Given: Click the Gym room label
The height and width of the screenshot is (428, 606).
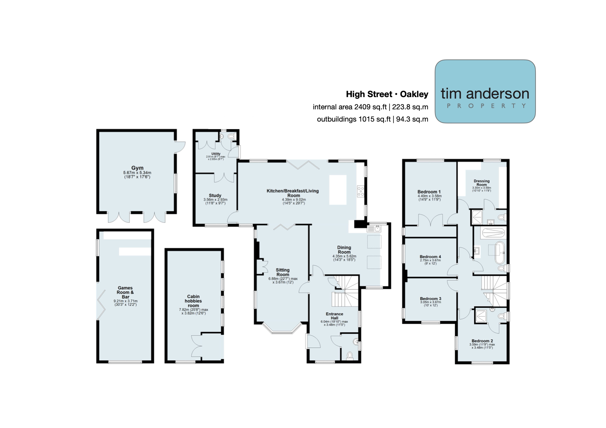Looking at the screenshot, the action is pos(137,168).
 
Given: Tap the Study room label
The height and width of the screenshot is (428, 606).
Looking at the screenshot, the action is pos(215,195).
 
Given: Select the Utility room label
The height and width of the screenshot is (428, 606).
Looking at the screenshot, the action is pos(216,154).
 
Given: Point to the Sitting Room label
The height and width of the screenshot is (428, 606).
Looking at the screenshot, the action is pos(283,272).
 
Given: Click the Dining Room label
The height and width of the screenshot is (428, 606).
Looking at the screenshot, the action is pos(344,250).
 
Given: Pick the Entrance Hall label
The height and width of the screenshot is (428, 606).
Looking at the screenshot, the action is pos(335,316).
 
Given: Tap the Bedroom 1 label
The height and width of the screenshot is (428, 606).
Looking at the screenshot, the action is pos(429,192).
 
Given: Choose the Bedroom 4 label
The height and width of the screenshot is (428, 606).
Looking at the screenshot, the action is pos(430,256).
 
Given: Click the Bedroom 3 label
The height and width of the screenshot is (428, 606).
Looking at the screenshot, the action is pos(431,299).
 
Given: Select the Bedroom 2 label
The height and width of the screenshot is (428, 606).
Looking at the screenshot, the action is pos(482,341).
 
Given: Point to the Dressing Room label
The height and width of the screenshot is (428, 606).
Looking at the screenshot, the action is pos(481,183).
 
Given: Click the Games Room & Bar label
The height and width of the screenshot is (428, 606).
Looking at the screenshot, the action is pos(125,292).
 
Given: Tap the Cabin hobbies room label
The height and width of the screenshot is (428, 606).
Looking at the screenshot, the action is pos(193,301).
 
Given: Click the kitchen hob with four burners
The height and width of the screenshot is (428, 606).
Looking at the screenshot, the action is pos(361,191).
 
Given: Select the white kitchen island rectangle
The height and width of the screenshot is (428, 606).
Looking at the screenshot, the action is pos(338,190).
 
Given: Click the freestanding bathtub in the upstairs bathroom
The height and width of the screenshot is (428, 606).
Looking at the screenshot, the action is pos(500,252).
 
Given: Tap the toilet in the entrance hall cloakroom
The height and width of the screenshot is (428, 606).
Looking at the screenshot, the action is pos(350,355).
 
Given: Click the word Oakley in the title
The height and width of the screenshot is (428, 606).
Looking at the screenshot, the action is pos(414,94).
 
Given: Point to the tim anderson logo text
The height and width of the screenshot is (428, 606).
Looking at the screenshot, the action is pos(485,94).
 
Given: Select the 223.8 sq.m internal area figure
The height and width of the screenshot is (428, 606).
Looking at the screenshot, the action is pos(410,107).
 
